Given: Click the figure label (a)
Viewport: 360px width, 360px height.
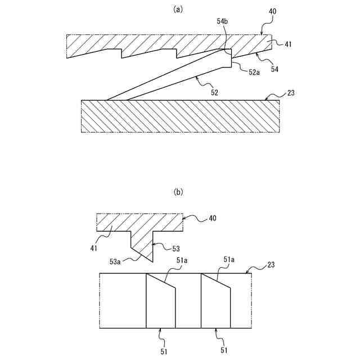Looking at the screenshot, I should coord(179,9).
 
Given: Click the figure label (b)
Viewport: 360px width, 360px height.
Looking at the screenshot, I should coord(179,192).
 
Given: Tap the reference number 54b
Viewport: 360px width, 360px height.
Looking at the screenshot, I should coord(222,21).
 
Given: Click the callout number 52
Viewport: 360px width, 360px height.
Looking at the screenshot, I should coord(214,91).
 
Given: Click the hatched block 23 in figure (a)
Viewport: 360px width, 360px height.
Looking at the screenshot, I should coord(180,116).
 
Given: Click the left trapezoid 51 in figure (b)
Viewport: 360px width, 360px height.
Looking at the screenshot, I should coord(160,304).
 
